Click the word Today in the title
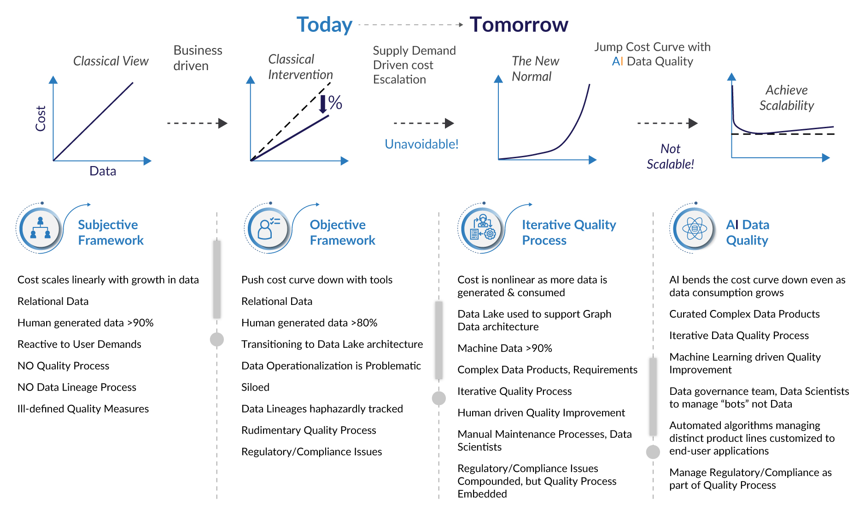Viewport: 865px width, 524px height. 324,25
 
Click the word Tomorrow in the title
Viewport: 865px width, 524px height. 519,24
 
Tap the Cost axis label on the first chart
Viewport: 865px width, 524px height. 41,119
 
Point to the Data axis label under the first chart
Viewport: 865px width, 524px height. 103,171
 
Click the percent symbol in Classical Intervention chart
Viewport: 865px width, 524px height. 335,102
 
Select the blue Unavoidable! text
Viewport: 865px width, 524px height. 421,144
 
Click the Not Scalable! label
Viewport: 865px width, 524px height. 670,156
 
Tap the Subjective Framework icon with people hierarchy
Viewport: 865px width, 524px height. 40,228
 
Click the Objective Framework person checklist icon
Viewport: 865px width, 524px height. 268,228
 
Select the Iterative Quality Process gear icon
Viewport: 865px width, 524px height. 482,228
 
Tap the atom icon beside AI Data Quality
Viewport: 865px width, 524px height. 694,228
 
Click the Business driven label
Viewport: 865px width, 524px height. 198,58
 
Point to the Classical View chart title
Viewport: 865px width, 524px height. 111,61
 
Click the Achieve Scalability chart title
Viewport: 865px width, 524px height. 787,98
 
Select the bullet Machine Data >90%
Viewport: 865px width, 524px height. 505,348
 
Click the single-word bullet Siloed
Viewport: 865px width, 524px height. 255,387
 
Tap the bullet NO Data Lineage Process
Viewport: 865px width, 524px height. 77,387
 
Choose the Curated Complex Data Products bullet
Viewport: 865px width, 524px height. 744,314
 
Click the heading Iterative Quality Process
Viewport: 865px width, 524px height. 569,232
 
